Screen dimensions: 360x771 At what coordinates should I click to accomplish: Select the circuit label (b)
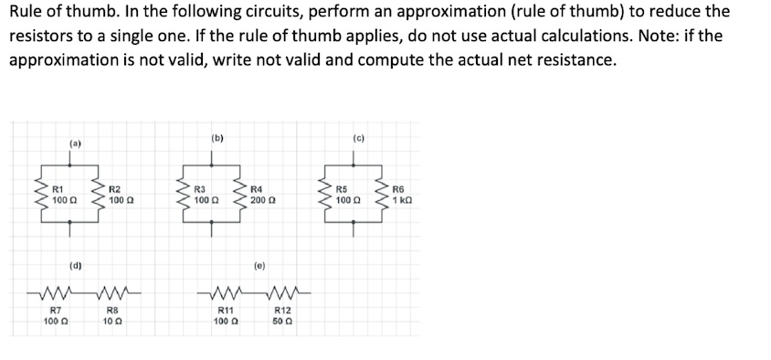(217, 138)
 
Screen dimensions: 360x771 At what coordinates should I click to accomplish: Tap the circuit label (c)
(357, 138)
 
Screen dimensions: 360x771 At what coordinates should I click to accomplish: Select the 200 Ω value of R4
(262, 198)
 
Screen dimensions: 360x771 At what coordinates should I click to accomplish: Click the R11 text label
(223, 312)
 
